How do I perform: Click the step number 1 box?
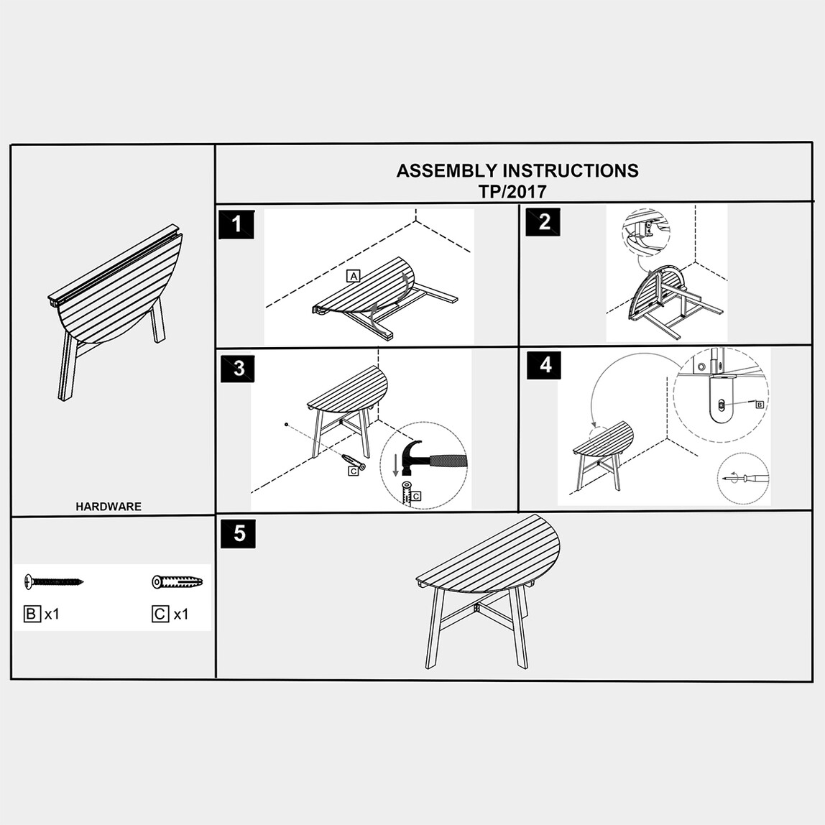pyautogui.click(x=236, y=225)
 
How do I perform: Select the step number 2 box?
pyautogui.click(x=543, y=221)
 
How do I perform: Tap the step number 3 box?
pyautogui.click(x=239, y=368)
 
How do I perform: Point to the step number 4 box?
pyautogui.click(x=545, y=364)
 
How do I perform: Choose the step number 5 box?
pyautogui.click(x=238, y=533)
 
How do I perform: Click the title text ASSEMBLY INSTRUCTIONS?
pyautogui.click(x=517, y=170)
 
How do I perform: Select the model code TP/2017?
pyautogui.click(x=512, y=191)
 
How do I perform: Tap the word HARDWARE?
pyautogui.click(x=109, y=507)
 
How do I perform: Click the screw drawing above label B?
pyautogui.click(x=54, y=581)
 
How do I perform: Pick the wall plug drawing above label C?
pyautogui.click(x=178, y=581)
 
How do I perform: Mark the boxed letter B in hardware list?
pyautogui.click(x=32, y=614)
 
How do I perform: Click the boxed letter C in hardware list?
pyautogui.click(x=160, y=614)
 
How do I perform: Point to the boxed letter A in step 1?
pyautogui.click(x=353, y=276)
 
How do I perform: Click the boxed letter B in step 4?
pyautogui.click(x=759, y=405)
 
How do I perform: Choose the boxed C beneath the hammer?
pyautogui.click(x=416, y=496)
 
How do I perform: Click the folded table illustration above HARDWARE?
pyautogui.click(x=116, y=313)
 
